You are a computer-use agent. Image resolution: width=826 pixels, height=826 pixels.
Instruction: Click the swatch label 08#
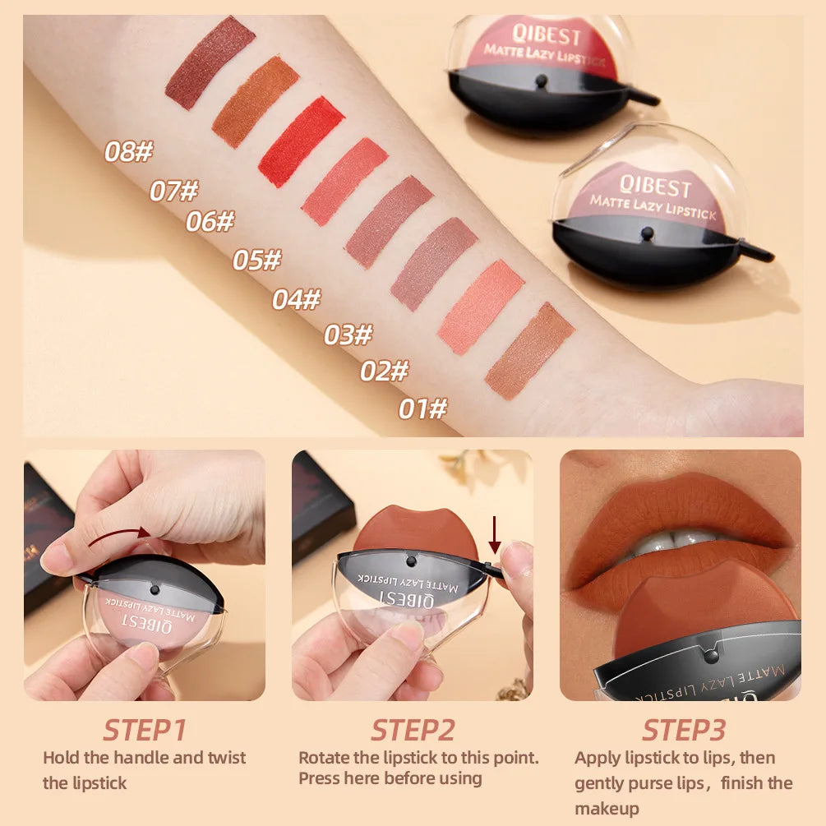(129, 152)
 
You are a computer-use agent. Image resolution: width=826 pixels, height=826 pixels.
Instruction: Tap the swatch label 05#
(256, 261)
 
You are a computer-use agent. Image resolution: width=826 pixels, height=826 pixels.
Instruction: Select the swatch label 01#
(423, 408)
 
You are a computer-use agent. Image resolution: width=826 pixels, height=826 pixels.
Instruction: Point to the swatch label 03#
(348, 335)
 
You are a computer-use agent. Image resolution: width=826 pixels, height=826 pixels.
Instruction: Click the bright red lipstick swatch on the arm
(301, 141)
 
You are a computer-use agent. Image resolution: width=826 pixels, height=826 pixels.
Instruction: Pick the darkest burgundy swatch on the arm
(210, 62)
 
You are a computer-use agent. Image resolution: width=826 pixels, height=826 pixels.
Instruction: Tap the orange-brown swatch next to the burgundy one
(255, 101)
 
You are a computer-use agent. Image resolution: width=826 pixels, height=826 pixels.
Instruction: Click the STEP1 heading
(144, 730)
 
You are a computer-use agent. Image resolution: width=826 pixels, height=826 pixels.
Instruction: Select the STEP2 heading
(412, 730)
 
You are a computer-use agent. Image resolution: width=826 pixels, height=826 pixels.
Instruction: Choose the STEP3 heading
(683, 730)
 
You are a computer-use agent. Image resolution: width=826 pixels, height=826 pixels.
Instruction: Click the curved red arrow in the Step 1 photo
(119, 537)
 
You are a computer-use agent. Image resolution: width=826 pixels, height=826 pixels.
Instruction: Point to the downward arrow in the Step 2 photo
(494, 534)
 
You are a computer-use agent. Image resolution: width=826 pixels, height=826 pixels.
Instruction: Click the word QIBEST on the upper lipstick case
(547, 37)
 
